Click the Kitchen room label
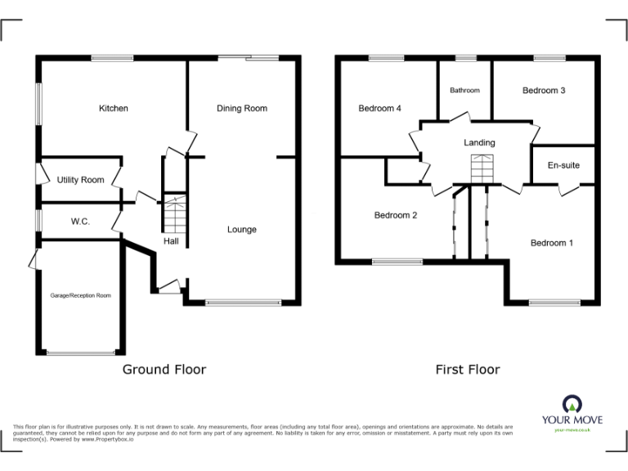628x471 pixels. coord(114,109)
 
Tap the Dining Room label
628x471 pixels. coord(242,109)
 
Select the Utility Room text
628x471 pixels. coord(80,180)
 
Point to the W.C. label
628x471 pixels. coord(80,222)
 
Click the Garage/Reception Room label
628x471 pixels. coord(81,295)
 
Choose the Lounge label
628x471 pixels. coord(242,230)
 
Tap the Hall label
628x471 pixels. coord(171,241)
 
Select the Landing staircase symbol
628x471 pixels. coord(480,169)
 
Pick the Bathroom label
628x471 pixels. coord(464,91)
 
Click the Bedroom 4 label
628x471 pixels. coord(379,109)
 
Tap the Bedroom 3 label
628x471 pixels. coord(544,91)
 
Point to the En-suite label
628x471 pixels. coord(563,165)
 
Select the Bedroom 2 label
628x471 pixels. coord(396,216)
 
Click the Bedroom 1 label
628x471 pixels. coord(552,243)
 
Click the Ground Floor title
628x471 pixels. coord(164,370)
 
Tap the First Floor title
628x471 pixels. coord(467,370)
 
